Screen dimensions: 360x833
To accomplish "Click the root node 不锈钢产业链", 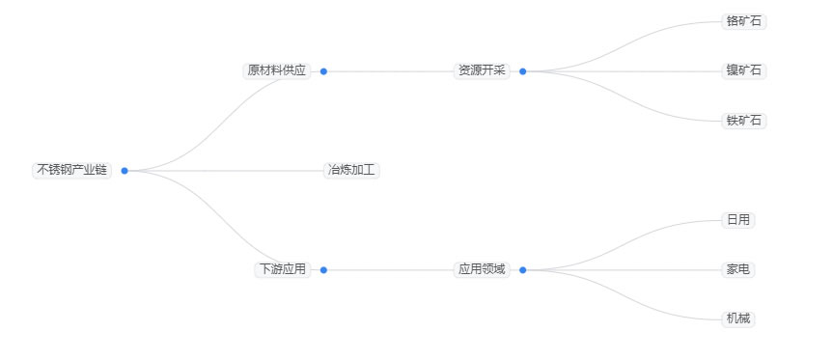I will tap(71, 170).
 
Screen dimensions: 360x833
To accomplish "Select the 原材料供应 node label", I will tap(276, 70).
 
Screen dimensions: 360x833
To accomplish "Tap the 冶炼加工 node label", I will tap(352, 170).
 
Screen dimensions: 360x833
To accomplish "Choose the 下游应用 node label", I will tap(282, 269).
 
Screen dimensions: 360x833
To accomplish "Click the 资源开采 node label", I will tap(482, 70).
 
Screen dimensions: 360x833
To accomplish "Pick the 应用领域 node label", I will tap(482, 269).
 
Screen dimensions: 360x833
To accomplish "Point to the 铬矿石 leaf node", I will tap(744, 20).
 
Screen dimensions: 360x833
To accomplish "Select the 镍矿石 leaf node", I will tap(744, 70).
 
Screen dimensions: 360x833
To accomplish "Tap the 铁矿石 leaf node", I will tap(744, 121).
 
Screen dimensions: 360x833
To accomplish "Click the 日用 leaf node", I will tap(737, 220).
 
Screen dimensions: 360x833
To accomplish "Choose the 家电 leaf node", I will tap(737, 269).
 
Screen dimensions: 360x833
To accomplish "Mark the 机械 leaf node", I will tap(737, 318).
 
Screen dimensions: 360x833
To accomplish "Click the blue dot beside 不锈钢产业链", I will tap(125, 171).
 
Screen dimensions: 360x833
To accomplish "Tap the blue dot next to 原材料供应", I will tap(323, 71).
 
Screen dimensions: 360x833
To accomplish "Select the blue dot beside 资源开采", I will tap(522, 71).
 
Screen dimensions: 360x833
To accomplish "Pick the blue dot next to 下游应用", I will tap(323, 270).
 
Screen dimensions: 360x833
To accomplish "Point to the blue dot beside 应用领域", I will tap(522, 270).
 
